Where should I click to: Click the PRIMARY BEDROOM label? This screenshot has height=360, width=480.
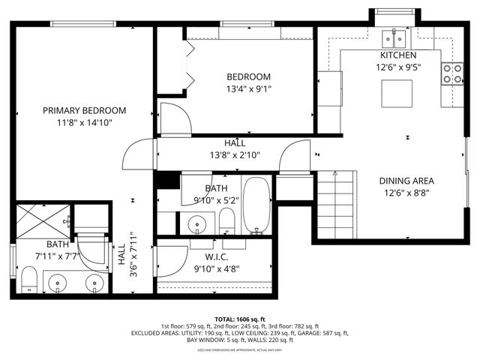click(x=84, y=110)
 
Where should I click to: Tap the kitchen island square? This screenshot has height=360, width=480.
click(x=397, y=94)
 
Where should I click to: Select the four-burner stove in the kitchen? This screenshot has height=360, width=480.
click(x=452, y=73)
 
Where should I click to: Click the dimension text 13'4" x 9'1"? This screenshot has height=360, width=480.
click(x=249, y=89)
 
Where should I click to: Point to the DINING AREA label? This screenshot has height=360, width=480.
click(x=407, y=181)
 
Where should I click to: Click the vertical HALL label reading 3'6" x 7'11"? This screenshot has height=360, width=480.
click(x=127, y=256)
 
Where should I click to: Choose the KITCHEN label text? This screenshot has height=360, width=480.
click(x=397, y=55)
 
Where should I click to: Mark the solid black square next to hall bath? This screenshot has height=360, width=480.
click(x=167, y=180)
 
